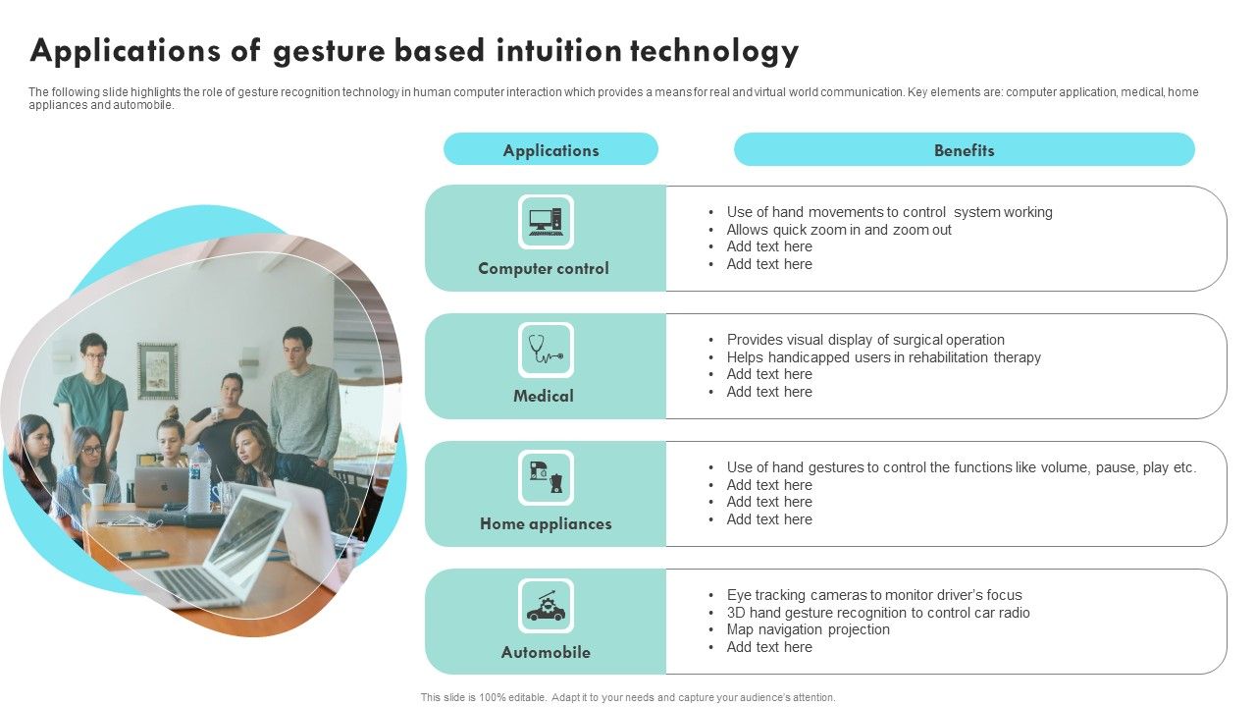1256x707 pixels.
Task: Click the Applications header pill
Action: (x=550, y=150)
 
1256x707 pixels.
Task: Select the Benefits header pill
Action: (x=964, y=150)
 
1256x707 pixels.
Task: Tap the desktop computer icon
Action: (x=546, y=222)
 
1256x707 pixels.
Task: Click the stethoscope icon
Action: (x=546, y=351)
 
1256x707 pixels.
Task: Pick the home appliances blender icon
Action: (x=546, y=478)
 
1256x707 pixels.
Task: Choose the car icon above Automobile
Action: (x=546, y=606)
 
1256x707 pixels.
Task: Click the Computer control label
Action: (x=544, y=268)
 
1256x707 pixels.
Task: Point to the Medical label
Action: (x=544, y=396)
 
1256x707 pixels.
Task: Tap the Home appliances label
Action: (x=546, y=523)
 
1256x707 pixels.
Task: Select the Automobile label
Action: (x=546, y=652)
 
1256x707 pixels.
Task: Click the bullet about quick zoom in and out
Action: (x=839, y=230)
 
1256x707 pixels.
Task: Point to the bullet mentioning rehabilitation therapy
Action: (x=883, y=357)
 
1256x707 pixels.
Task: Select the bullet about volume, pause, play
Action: (x=961, y=467)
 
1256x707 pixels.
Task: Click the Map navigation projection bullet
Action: (x=808, y=629)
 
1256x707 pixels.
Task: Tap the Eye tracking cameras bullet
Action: (x=873, y=595)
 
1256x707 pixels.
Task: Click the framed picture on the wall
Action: (x=157, y=370)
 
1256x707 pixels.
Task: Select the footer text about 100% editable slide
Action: (x=628, y=697)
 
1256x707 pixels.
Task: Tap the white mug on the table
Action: (x=96, y=493)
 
